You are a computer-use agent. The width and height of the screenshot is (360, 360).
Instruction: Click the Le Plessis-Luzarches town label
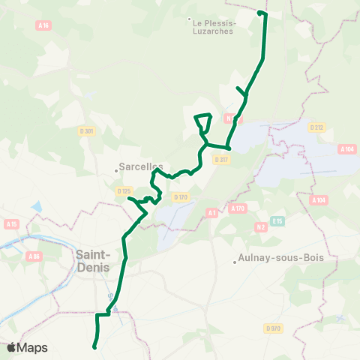215,27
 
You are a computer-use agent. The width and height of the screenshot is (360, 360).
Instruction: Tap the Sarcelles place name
141,168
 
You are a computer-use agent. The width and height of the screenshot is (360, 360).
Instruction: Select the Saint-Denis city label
93,261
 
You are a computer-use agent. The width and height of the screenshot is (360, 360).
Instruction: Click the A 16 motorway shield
43,25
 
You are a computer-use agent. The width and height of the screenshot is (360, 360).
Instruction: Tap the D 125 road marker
124,191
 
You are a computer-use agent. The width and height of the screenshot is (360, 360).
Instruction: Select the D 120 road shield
179,197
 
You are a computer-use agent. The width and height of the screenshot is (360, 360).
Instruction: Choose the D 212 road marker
316,127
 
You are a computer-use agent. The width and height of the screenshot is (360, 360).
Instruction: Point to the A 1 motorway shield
212,213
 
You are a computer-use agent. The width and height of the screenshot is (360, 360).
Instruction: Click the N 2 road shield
261,226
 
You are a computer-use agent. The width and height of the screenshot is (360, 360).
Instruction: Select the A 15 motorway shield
10,223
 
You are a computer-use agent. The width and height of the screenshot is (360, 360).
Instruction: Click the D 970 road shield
273,328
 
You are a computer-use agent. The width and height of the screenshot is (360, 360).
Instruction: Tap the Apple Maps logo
27,348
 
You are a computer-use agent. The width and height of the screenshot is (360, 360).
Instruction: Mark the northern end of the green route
259,13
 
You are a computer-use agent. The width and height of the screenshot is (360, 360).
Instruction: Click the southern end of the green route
94,347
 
